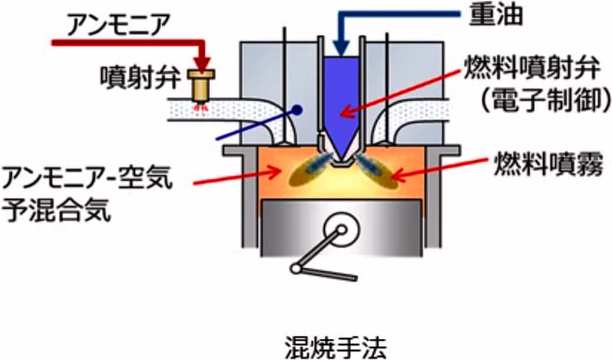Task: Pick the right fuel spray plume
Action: point(377,171)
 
